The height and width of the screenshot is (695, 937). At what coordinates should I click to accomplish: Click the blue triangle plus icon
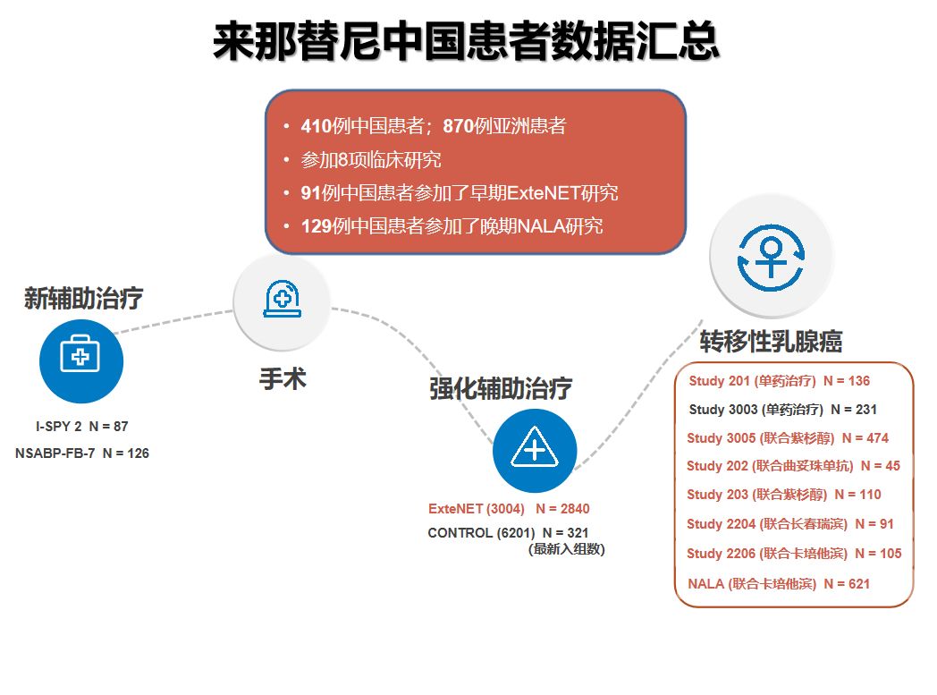535,450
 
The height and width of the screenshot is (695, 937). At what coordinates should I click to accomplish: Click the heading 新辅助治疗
83,298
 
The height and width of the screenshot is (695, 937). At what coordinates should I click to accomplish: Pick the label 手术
283,379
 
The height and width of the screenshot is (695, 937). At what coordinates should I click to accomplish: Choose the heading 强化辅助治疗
500,388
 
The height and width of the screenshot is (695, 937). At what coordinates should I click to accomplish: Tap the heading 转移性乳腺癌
771,341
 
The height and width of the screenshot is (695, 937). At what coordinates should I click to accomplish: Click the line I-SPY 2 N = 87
82,426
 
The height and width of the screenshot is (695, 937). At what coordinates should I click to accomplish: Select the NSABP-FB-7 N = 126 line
82,453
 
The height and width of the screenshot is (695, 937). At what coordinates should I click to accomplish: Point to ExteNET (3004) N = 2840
509,509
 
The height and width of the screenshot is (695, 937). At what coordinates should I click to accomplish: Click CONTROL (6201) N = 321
508,532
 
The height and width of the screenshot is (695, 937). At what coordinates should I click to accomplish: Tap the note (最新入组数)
566,549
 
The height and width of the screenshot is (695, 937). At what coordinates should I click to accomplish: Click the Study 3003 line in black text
782,409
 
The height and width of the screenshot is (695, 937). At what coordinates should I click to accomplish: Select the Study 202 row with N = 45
793,465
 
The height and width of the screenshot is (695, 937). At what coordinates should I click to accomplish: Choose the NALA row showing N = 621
779,583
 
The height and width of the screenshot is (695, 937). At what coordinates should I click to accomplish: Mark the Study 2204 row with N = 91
789,523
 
